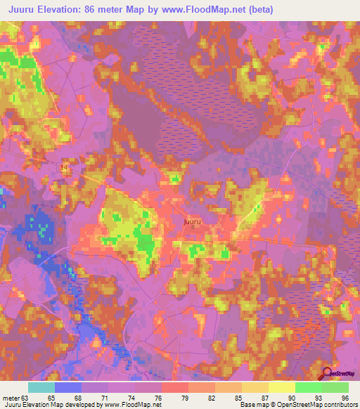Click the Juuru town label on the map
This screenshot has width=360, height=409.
point(193,222)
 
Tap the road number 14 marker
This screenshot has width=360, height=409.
point(64,165)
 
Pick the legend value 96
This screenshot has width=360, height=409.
point(345,397)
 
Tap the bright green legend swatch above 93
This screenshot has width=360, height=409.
point(308,387)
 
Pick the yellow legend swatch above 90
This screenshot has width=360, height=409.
point(281,387)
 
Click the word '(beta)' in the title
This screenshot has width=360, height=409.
point(257,9)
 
